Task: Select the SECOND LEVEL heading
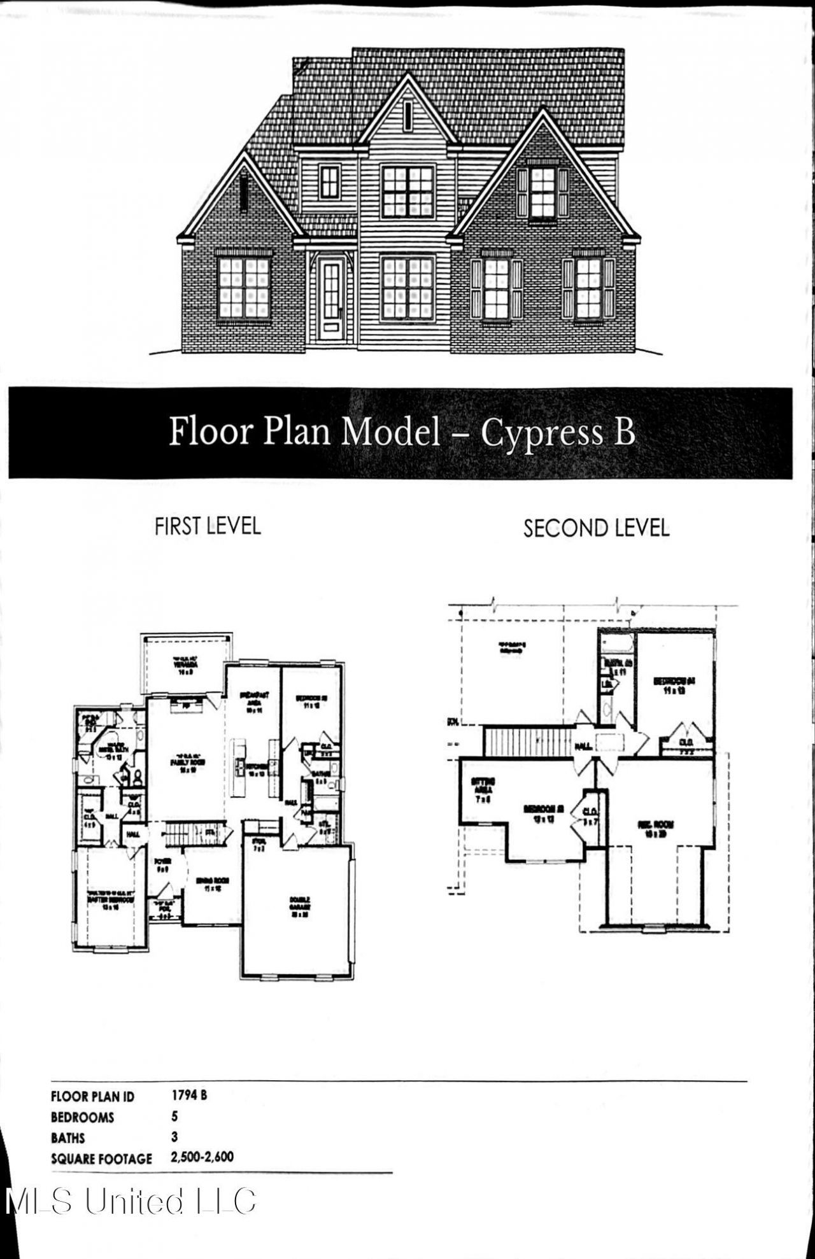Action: tap(596, 528)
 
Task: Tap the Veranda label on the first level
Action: tap(186, 665)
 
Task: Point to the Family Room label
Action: tap(187, 764)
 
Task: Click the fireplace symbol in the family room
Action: tap(186, 705)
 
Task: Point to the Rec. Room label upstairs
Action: tap(655, 828)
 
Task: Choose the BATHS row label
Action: tap(67, 1137)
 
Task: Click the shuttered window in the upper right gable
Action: tap(542, 192)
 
